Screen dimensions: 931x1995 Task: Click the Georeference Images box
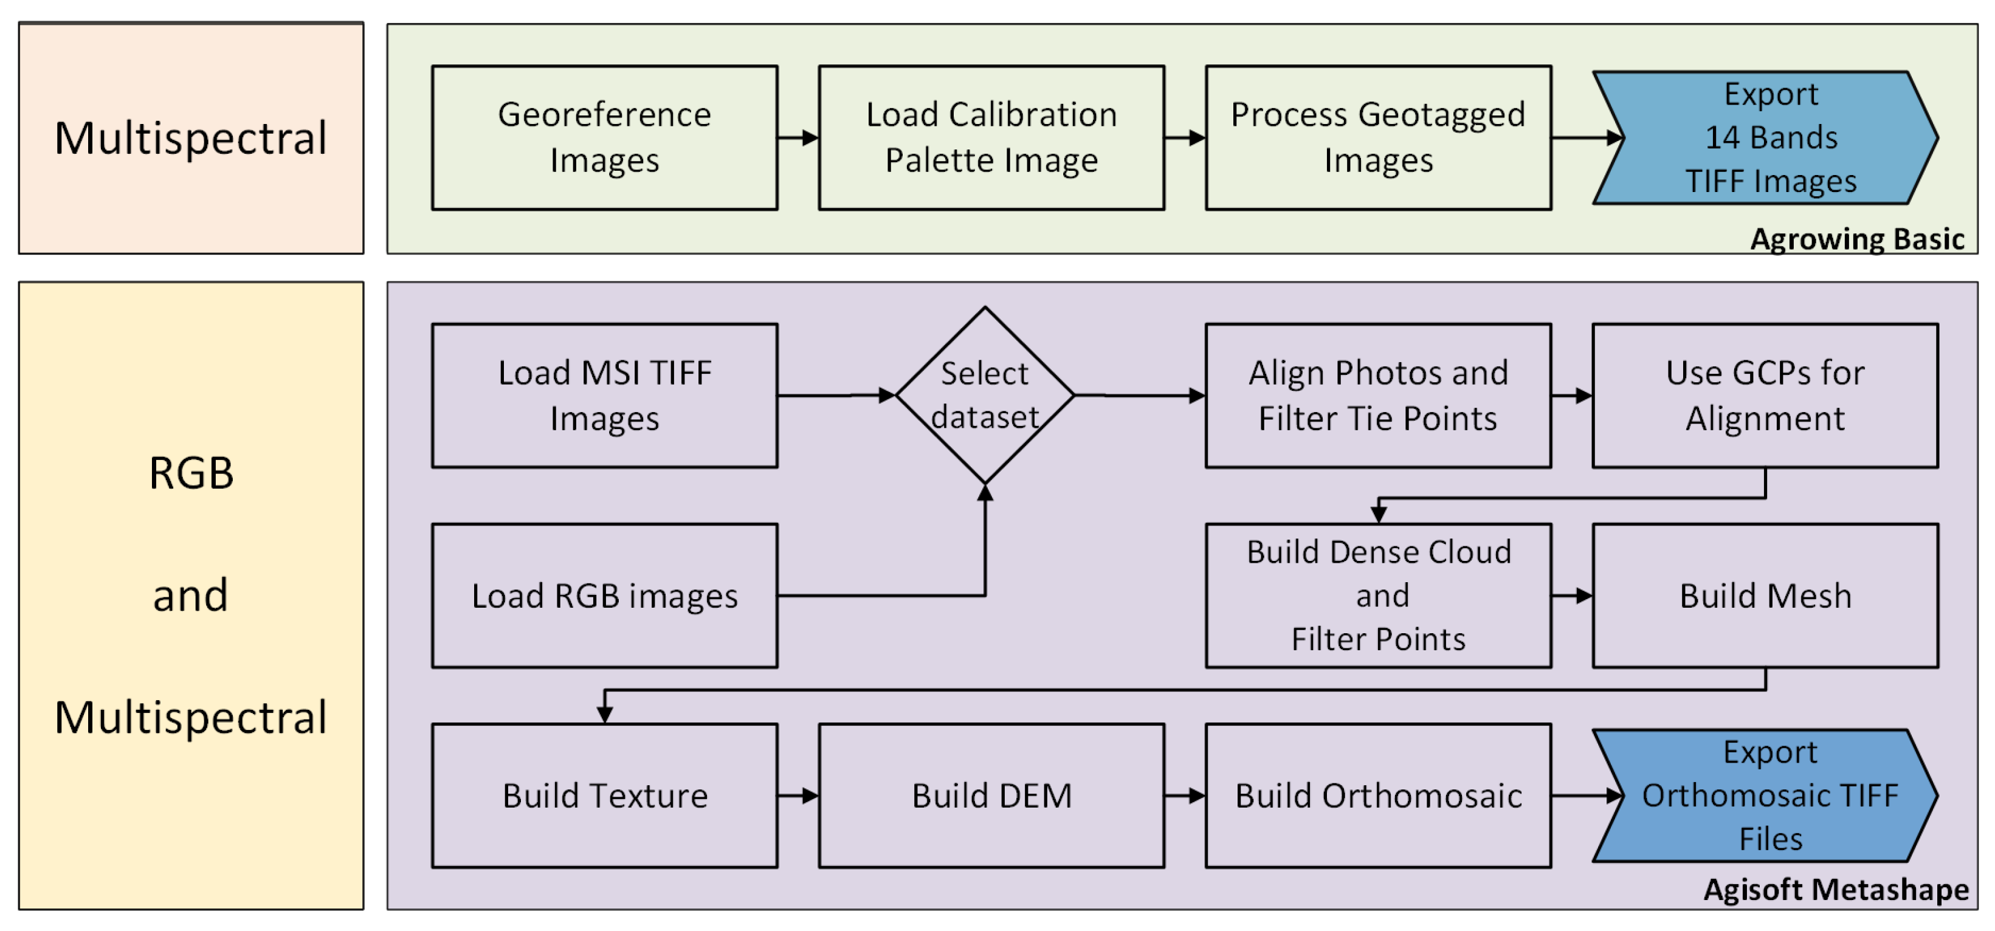pos(604,137)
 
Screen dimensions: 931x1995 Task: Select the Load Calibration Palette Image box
pos(991,137)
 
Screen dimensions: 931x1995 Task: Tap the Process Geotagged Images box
pos(1378,137)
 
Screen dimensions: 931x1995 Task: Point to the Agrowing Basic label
pos(1856,239)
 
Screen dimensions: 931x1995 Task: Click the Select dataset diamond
pos(984,395)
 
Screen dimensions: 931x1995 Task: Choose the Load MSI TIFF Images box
pos(604,395)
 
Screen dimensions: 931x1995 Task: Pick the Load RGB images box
pos(604,595)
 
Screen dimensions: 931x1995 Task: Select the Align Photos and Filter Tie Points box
pos(1378,395)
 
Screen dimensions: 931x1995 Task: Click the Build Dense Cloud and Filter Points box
pos(1378,595)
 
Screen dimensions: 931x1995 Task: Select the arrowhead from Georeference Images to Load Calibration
pos(810,138)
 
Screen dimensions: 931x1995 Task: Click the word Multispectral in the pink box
pos(190,138)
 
